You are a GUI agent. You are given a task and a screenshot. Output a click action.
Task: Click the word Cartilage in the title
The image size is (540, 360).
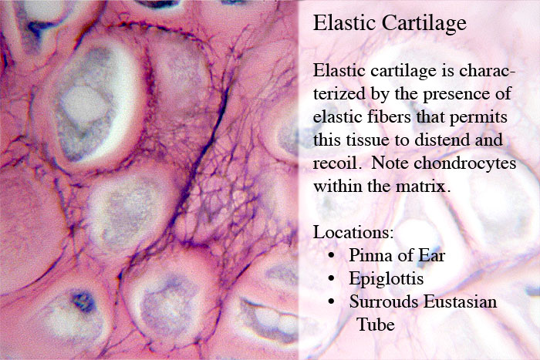click(x=424, y=24)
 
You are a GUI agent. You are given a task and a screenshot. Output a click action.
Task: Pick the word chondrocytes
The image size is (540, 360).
click(x=465, y=163)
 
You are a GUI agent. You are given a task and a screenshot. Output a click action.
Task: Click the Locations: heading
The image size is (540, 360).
click(x=353, y=232)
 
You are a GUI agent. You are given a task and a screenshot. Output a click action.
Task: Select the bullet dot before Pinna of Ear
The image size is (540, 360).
click(x=331, y=255)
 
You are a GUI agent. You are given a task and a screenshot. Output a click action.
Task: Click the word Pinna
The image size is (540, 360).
click(x=369, y=255)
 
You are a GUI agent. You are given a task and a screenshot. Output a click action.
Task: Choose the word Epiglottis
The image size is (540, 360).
click(x=386, y=279)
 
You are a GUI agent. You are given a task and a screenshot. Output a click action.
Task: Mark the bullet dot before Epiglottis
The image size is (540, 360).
click(x=331, y=278)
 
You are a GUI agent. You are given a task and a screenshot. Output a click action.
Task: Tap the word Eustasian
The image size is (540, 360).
click(x=460, y=301)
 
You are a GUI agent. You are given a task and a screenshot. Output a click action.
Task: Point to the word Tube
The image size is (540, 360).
click(x=376, y=325)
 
